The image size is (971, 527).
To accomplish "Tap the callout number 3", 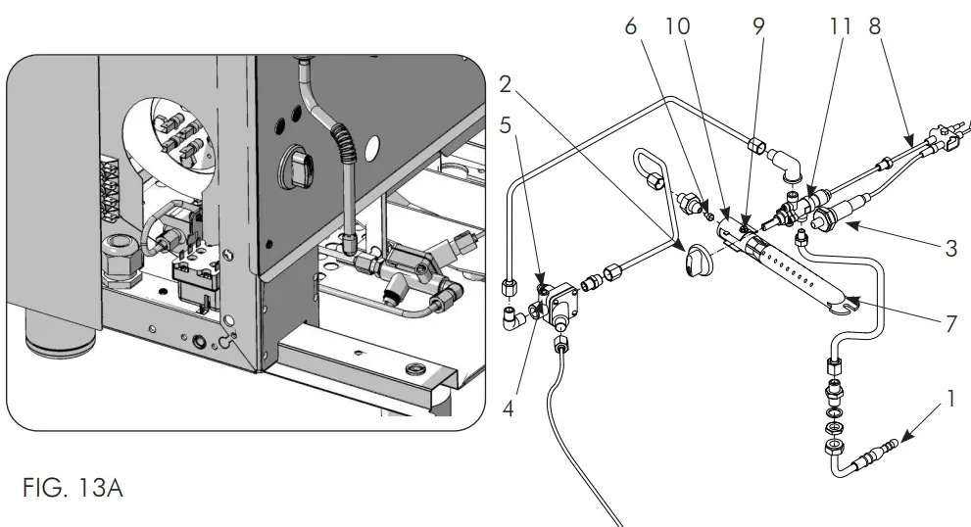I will pos(950,249).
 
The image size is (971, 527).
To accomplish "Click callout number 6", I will pos(632,27).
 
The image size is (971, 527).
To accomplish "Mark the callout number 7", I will pos(950,323).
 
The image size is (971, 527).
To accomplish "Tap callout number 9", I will pos(757,27).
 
